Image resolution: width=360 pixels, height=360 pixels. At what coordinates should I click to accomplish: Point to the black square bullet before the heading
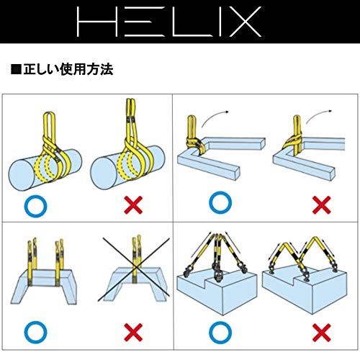click(15, 71)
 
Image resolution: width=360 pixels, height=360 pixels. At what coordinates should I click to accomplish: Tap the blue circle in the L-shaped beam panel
click(220, 202)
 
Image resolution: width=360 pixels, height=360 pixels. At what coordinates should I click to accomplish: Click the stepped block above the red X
click(306, 292)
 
